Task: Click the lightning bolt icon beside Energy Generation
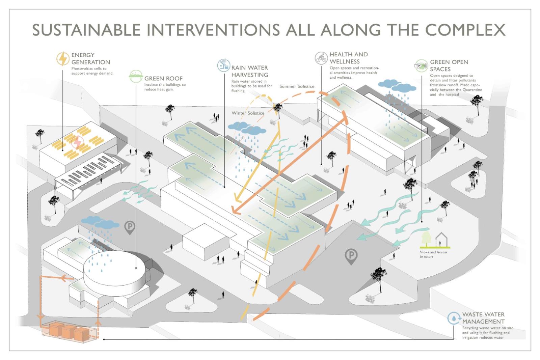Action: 62,59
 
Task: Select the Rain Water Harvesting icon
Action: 223,65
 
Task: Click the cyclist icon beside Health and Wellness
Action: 321,58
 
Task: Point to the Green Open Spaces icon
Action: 421,65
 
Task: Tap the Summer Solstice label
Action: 297,86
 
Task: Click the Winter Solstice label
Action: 248,113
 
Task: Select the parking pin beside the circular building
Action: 130,228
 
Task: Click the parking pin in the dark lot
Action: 351,256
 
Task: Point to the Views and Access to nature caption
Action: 433,254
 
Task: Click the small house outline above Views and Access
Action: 440,240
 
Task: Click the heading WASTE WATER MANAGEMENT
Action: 483,318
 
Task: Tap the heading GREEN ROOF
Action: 163,78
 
